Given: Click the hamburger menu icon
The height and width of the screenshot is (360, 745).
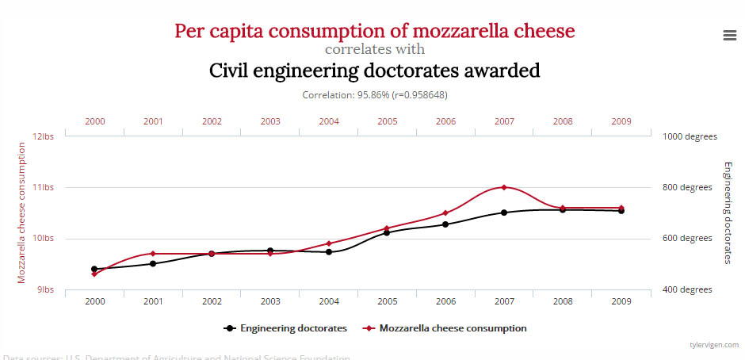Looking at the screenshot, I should point(730,35).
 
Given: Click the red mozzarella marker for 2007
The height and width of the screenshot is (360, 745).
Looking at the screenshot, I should point(504,187).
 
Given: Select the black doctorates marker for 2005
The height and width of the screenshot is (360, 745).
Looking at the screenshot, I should point(387,232).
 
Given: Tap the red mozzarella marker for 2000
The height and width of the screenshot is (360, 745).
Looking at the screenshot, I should point(95,274).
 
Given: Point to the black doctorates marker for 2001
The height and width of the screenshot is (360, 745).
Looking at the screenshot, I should point(153,263).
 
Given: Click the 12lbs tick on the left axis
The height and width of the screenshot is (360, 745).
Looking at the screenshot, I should point(43,136).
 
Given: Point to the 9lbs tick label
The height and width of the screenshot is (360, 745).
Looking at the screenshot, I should point(44,289).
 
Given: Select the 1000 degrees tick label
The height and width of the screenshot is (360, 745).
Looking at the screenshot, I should point(688,136).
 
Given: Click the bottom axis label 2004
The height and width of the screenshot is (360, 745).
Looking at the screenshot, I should point(329,302).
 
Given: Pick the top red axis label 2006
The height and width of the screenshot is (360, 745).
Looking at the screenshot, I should point(445,121).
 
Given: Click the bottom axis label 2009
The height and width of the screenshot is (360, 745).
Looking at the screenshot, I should point(621,302).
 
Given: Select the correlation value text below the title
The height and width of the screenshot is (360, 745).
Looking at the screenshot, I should point(375,95).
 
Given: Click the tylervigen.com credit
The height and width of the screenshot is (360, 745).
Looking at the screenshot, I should point(713,345).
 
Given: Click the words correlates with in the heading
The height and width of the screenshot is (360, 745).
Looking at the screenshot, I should point(375,49).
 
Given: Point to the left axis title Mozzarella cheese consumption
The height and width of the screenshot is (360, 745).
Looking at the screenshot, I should point(22,213).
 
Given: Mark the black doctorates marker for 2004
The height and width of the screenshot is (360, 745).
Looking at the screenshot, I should point(329,251).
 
